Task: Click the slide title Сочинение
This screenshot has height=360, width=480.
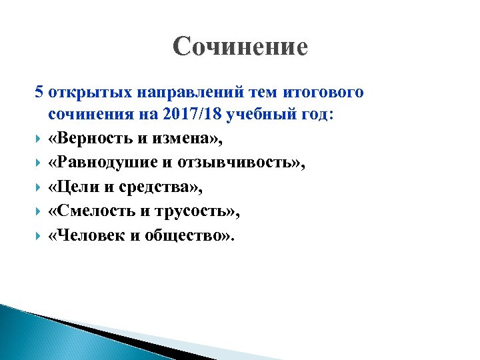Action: coord(240,47)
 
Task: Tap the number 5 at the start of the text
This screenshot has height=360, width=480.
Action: coord(39,91)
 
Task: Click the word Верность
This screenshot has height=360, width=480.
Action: coord(91,139)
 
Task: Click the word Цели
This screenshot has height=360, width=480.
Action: coord(75,187)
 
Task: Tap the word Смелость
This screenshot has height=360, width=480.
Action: coord(95,211)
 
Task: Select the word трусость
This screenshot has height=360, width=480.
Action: coord(195,211)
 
